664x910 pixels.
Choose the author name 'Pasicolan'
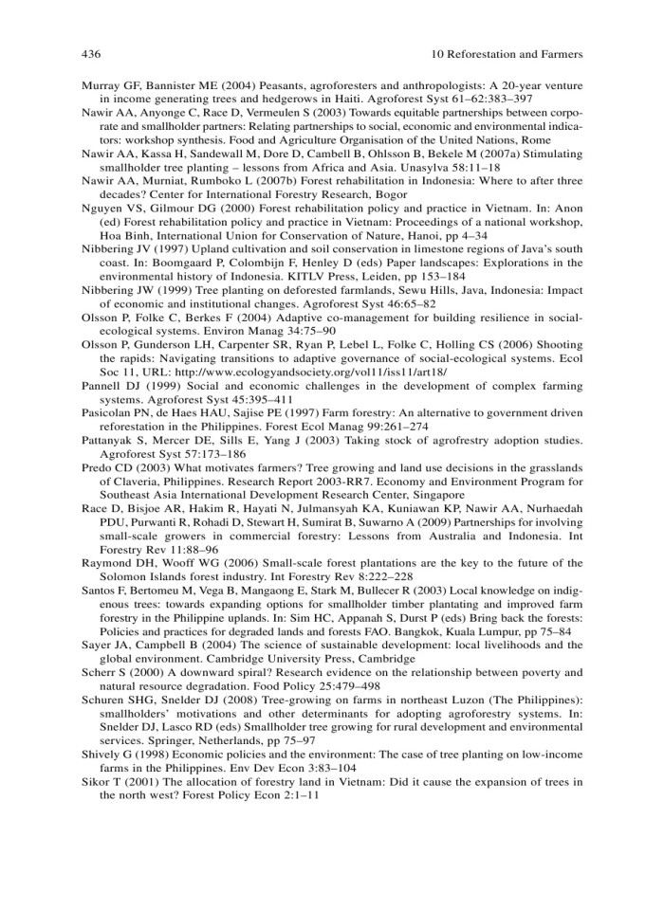107,442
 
